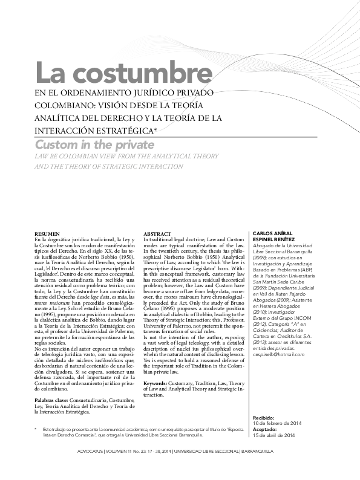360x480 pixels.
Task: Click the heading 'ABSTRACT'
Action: tap(156, 233)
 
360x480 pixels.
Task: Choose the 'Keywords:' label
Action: tap(158, 383)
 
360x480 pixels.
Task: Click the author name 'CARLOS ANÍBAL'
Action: tap(272, 234)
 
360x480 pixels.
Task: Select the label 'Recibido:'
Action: tap(263, 417)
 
